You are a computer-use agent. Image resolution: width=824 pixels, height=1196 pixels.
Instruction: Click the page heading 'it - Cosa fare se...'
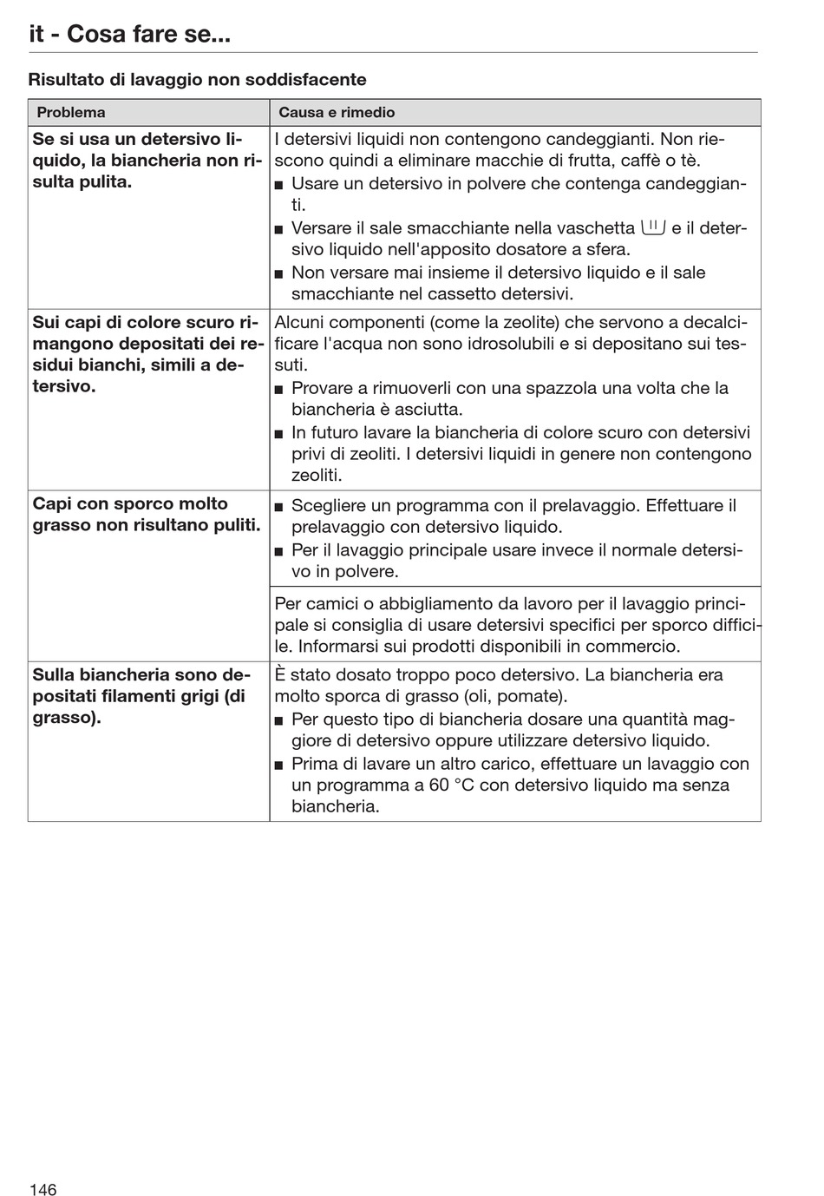(x=129, y=35)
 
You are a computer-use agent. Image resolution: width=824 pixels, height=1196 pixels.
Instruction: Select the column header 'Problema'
(x=71, y=113)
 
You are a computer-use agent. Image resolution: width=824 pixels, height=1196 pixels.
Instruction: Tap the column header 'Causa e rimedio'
(x=337, y=113)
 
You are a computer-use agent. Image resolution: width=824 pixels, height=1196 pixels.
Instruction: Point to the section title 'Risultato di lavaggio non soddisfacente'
(x=197, y=80)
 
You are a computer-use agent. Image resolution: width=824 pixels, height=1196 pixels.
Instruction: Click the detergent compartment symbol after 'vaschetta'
(x=653, y=227)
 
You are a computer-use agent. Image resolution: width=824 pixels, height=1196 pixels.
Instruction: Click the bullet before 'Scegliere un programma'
(x=279, y=507)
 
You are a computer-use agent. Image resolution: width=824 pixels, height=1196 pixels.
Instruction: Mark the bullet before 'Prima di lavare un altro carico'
(x=279, y=766)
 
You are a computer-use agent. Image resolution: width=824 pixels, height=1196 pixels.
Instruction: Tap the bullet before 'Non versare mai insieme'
(x=279, y=274)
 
